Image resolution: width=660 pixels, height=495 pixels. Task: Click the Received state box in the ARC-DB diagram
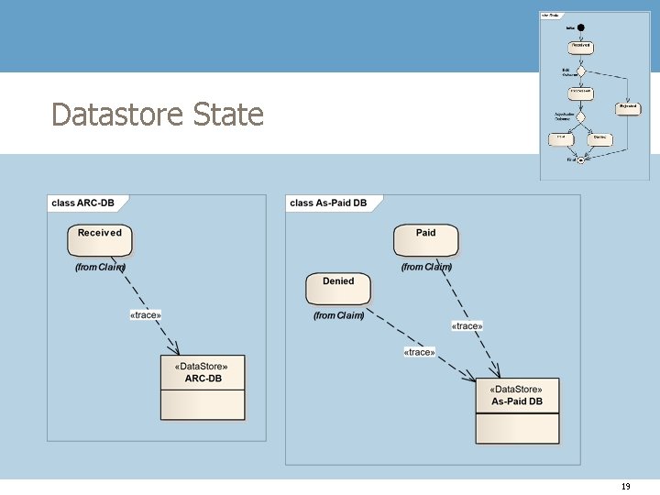(100, 239)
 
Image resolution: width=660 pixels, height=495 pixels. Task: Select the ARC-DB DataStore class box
(203, 387)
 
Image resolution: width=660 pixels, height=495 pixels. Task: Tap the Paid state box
(425, 239)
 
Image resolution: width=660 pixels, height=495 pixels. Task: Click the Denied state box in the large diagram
(338, 288)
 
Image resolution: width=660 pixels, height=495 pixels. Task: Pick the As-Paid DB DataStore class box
(517, 410)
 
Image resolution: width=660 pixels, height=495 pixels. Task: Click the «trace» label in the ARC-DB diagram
(146, 315)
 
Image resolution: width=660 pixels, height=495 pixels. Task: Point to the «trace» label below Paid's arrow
(467, 325)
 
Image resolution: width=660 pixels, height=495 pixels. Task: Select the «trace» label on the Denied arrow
(419, 352)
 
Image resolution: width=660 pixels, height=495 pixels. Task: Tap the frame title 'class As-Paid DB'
(328, 203)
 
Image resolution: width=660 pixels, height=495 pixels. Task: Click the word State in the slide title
(228, 115)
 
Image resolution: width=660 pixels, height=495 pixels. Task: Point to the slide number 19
(626, 487)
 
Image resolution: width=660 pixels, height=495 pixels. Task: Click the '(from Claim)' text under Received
(100, 267)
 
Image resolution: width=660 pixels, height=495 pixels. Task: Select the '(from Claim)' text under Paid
(426, 267)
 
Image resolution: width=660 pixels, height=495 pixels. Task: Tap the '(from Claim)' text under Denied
(338, 315)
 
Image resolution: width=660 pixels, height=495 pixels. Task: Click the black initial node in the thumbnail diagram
(580, 27)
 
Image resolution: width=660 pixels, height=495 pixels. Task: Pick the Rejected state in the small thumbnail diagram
(628, 107)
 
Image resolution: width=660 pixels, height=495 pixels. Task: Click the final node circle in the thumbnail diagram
(580, 159)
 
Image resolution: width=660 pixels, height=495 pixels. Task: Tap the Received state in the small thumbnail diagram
(580, 46)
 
